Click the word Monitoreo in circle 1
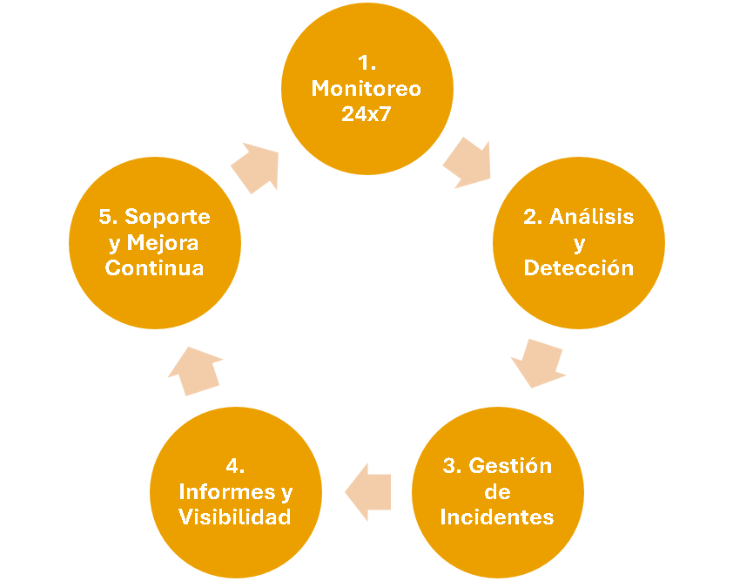[366, 89]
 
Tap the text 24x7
[366, 113]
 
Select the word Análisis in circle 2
[592, 218]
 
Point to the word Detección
[578, 268]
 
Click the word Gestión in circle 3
[510, 465]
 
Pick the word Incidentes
[496, 517]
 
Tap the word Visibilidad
[234, 517]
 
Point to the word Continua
[155, 267]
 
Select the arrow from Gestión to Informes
[369, 492]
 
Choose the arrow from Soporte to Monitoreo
[256, 167]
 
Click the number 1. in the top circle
[366, 63]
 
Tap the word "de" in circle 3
[496, 491]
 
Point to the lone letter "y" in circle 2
[579, 243]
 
